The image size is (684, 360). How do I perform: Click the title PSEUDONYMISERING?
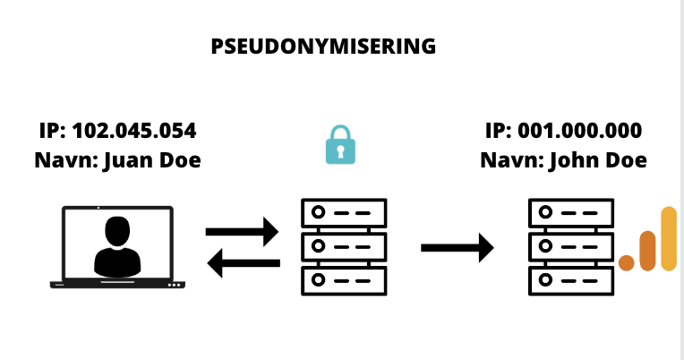click(x=323, y=47)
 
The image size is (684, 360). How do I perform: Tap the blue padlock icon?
click(x=341, y=145)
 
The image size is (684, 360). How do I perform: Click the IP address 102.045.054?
click(x=134, y=131)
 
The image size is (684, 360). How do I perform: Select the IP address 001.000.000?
click(x=580, y=131)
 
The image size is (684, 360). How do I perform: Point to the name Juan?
click(x=129, y=160)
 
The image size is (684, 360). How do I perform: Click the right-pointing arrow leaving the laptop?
click(x=242, y=232)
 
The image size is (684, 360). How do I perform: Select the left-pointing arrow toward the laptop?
click(x=244, y=263)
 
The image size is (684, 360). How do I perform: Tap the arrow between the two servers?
click(x=457, y=248)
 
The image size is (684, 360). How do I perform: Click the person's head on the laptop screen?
click(x=117, y=232)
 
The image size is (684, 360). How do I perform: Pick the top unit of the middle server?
click(x=344, y=213)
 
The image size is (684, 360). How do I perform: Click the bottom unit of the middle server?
click(x=344, y=281)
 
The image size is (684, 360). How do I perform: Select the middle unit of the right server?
click(x=571, y=247)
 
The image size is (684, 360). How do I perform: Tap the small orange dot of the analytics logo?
click(x=627, y=263)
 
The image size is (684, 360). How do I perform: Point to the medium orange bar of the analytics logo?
click(x=648, y=251)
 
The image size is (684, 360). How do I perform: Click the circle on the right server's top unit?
click(x=546, y=212)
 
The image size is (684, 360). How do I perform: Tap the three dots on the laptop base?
click(x=175, y=286)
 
